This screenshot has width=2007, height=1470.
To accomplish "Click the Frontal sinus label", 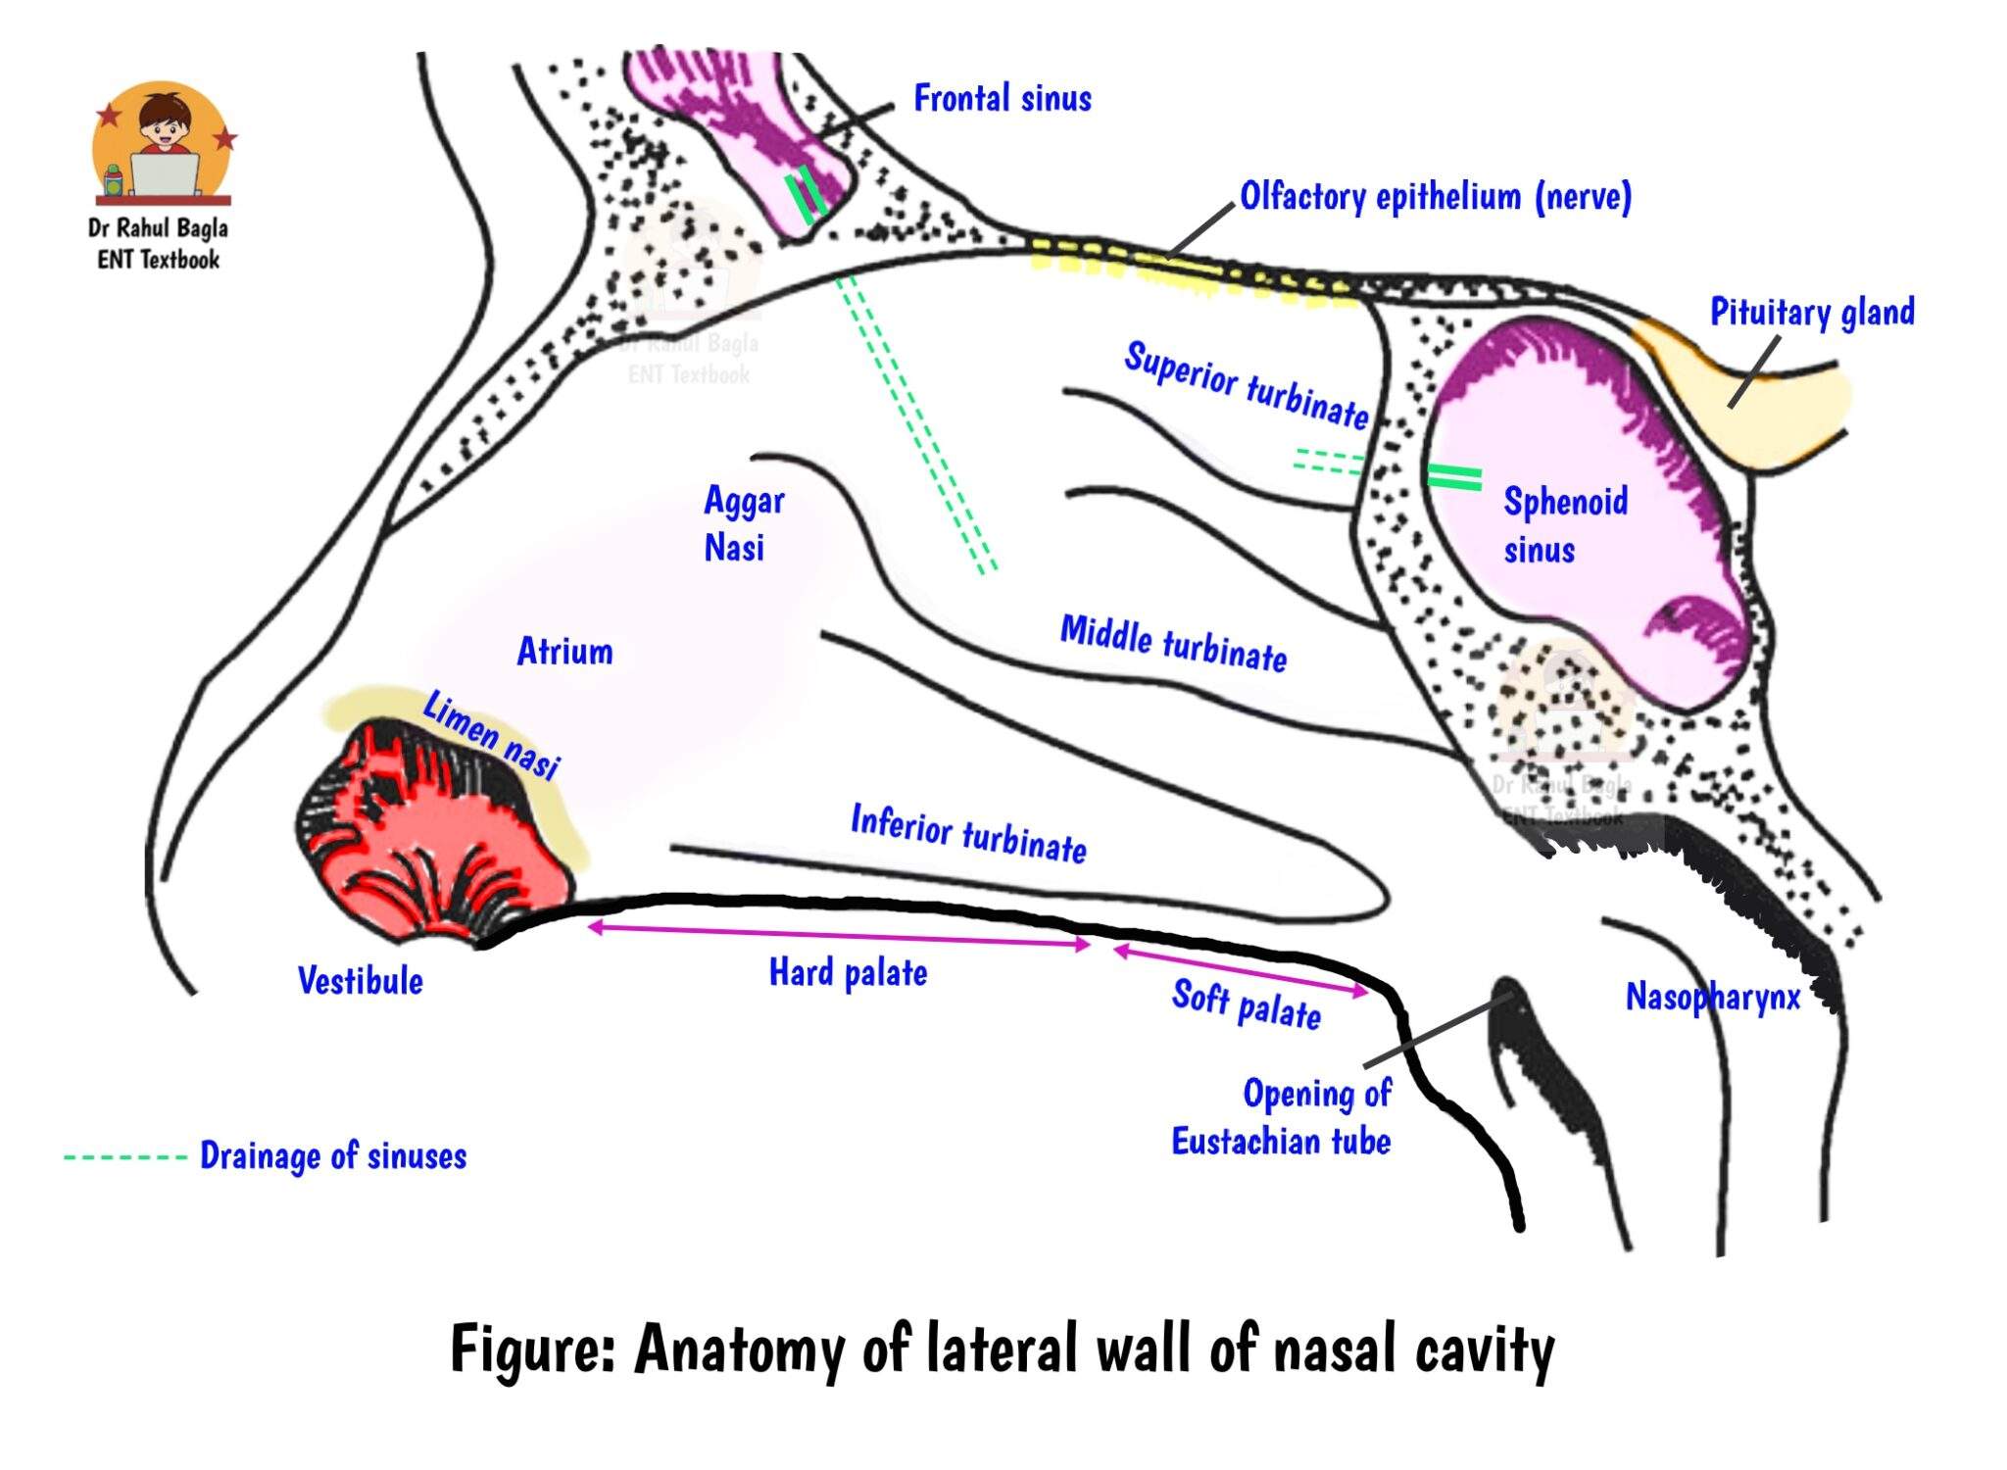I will pyautogui.click(x=1002, y=98).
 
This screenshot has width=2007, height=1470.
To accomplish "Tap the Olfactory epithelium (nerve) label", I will pyautogui.click(x=1435, y=196).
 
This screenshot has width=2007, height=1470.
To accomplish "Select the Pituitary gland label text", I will pyautogui.click(x=1811, y=312).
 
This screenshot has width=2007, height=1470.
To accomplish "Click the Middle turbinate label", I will pyautogui.click(x=1173, y=643).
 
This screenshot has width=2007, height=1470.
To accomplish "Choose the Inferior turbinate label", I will pyautogui.click(x=968, y=833).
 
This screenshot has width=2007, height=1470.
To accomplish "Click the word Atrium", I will pyautogui.click(x=564, y=651).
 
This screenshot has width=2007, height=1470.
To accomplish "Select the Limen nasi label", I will pyautogui.click(x=490, y=733).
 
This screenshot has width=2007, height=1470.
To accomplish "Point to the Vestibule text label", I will pyautogui.click(x=360, y=980).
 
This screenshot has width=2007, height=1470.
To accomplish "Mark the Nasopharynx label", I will pyautogui.click(x=1712, y=997).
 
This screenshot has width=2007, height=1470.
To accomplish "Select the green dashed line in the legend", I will pyautogui.click(x=124, y=1157).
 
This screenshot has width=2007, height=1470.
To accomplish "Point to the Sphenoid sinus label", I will pyautogui.click(x=1563, y=524).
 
